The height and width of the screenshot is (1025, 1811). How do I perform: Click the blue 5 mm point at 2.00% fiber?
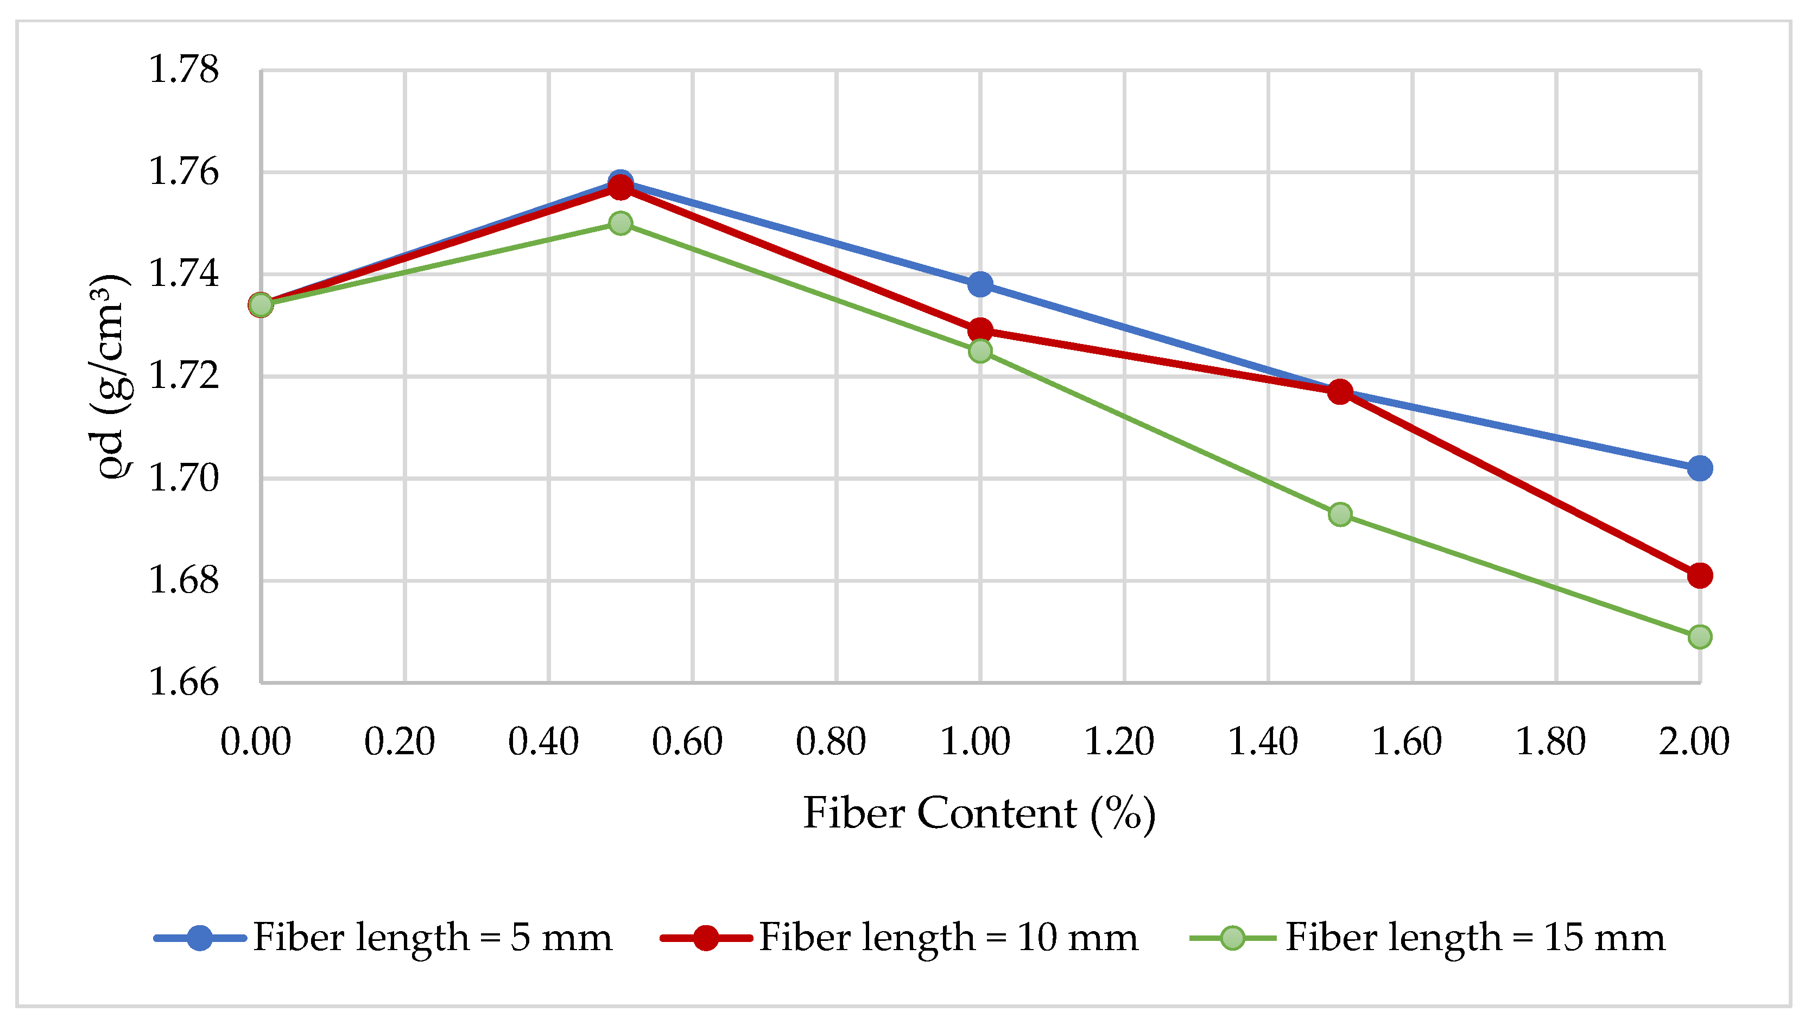click(1699, 468)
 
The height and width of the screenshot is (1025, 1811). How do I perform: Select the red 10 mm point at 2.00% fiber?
click(1699, 576)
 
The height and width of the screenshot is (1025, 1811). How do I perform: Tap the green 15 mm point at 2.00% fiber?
click(1699, 637)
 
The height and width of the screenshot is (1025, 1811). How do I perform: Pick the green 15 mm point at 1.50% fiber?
click(1340, 514)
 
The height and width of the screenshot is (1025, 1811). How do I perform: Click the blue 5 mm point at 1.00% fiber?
click(980, 284)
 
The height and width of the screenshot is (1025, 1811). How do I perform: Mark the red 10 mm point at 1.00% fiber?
click(980, 330)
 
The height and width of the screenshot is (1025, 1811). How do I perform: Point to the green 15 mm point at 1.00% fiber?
click(980, 351)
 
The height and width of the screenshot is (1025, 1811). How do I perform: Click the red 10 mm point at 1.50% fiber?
click(1340, 391)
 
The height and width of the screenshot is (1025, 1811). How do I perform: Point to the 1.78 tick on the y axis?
click(183, 71)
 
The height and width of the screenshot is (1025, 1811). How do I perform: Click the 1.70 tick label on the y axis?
click(183, 479)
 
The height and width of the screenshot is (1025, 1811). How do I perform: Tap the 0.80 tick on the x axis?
click(831, 742)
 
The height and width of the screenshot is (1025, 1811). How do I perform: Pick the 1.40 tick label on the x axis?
click(1263, 742)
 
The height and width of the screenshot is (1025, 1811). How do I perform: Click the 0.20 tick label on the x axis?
click(399, 742)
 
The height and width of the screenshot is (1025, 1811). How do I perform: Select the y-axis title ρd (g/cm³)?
click(111, 377)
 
